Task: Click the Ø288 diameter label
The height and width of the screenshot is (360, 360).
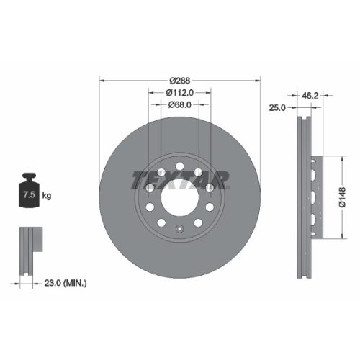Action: point(179,80)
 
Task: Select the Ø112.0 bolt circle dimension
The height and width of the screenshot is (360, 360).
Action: point(179,93)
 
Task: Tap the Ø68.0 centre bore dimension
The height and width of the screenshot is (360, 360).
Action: point(179,106)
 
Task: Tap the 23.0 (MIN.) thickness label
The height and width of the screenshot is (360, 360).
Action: point(64,284)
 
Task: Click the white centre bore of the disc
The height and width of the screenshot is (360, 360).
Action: point(179,195)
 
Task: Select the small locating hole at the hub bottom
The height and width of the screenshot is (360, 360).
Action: point(179,230)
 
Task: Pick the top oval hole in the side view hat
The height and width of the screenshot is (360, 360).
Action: point(312,171)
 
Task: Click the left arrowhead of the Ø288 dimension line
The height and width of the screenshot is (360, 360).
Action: point(101,80)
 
